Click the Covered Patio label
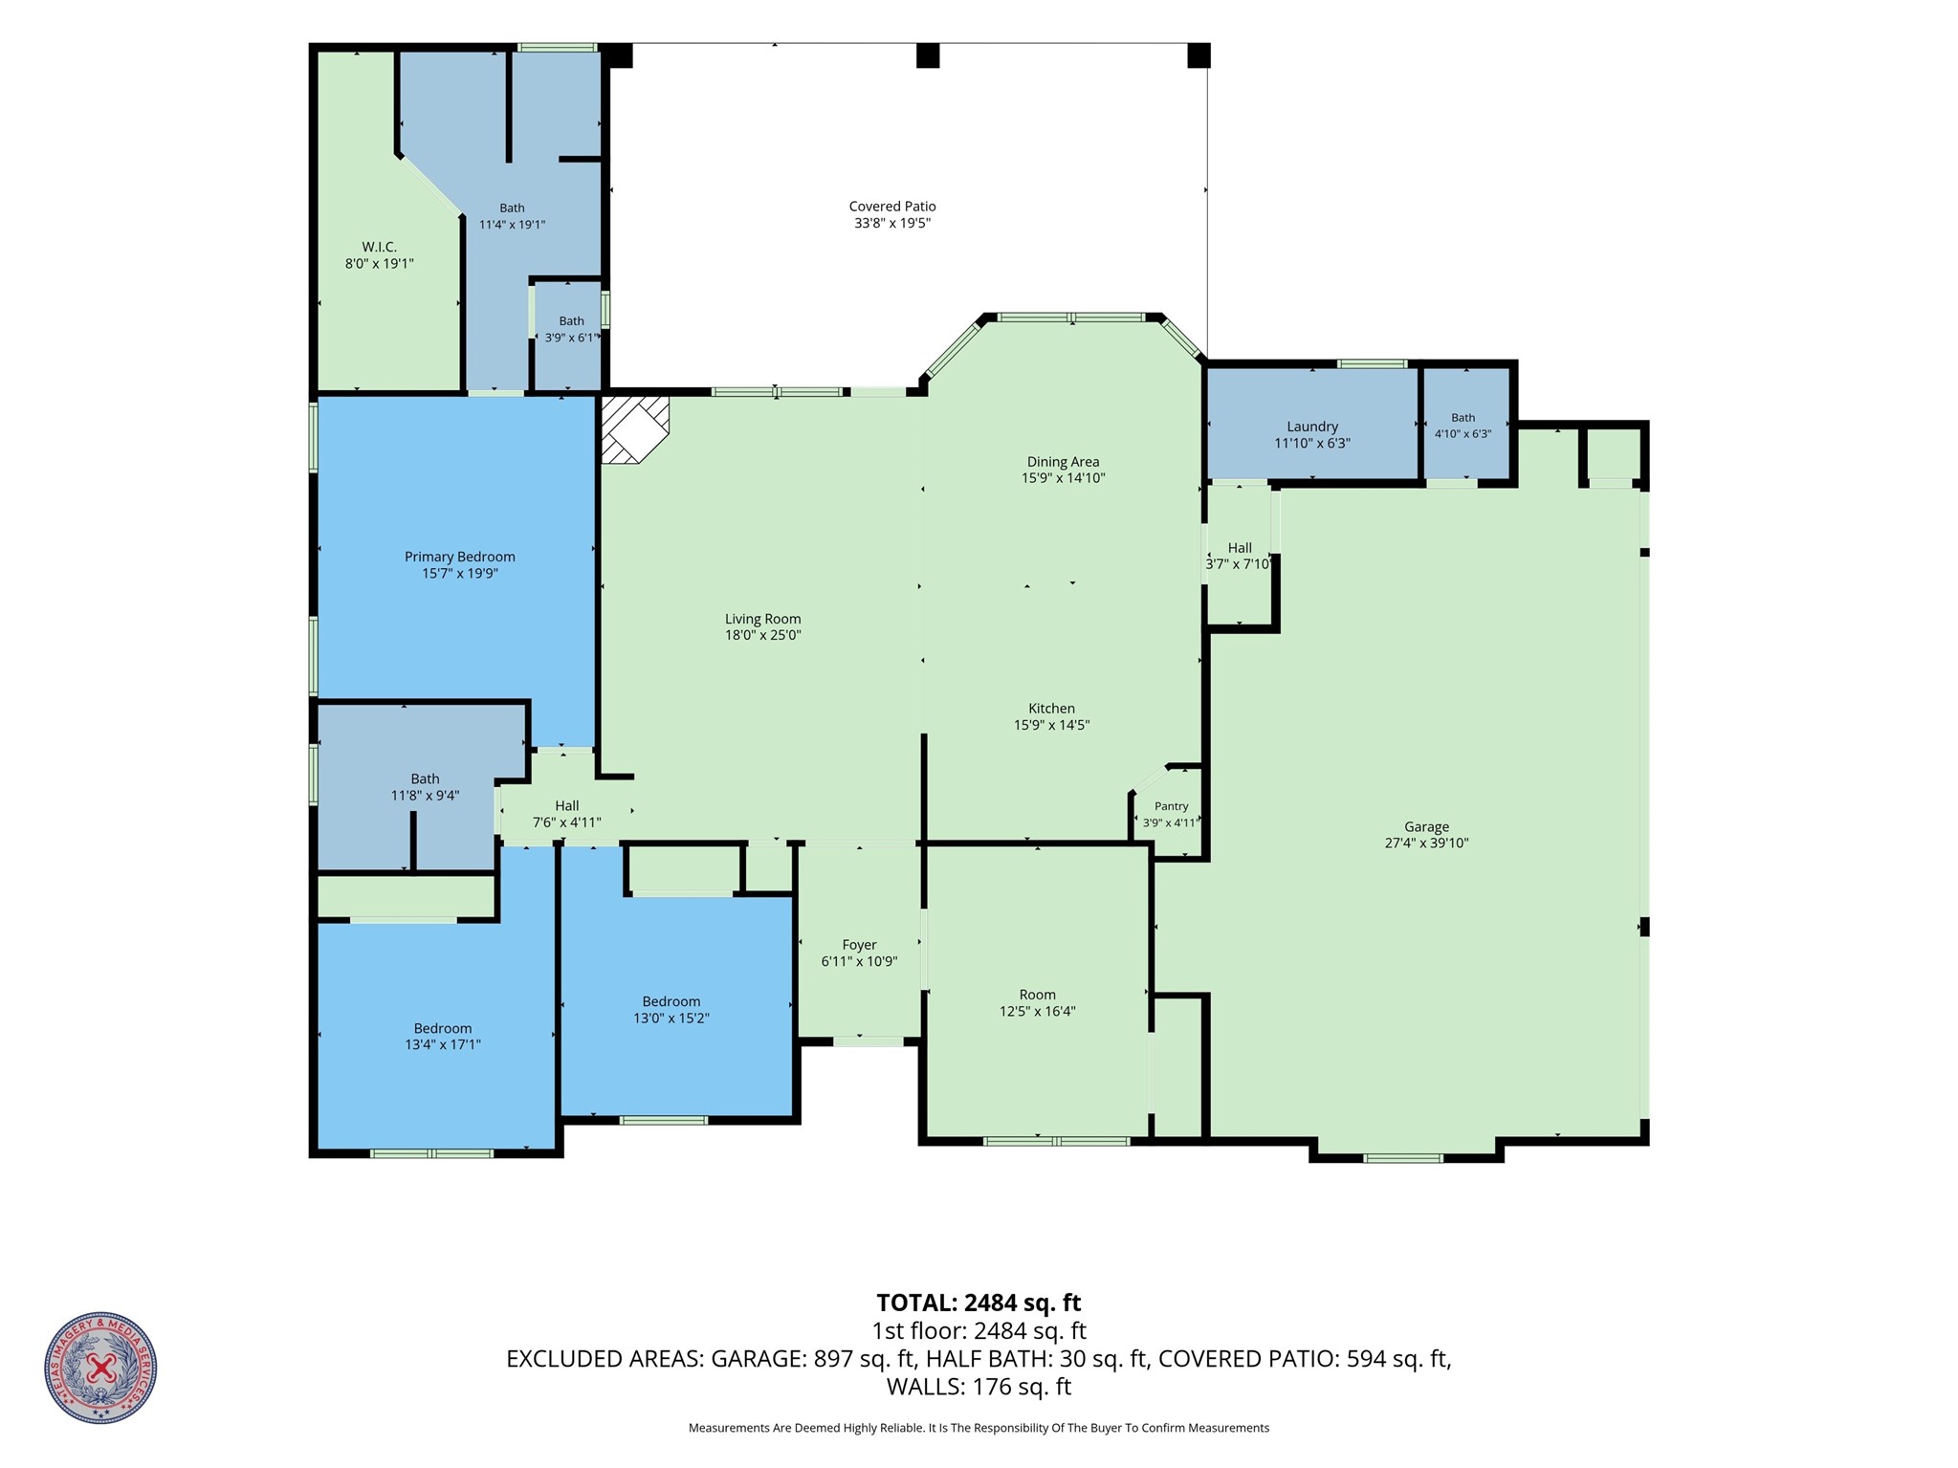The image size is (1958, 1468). pos(891,207)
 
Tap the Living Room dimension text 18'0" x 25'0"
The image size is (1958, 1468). pos(762,635)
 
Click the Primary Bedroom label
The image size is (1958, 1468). pos(459,557)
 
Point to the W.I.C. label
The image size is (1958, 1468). pos(379,247)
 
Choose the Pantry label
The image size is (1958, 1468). pos(1171,806)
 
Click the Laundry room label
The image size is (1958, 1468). pos(1311,427)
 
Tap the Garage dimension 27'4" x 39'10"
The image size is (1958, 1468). pos(1426,844)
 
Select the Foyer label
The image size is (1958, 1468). pos(859,945)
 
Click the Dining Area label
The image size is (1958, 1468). pos(1063,462)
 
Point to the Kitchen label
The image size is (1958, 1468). pos(1051,709)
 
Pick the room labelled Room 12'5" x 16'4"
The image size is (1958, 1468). pos(1037,995)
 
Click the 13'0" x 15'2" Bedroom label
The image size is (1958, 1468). pos(671,1002)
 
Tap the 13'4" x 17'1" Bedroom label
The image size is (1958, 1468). pos(442,1029)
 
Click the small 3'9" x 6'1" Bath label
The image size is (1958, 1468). pos(571,321)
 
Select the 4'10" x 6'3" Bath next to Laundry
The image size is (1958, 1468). pos(1463,418)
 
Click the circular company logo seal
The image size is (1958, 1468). pos(100,1368)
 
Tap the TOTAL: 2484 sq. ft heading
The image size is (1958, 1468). pos(979,1303)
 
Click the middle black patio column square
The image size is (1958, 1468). pos(927,55)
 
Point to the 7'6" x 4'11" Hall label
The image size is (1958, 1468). pos(566,805)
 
